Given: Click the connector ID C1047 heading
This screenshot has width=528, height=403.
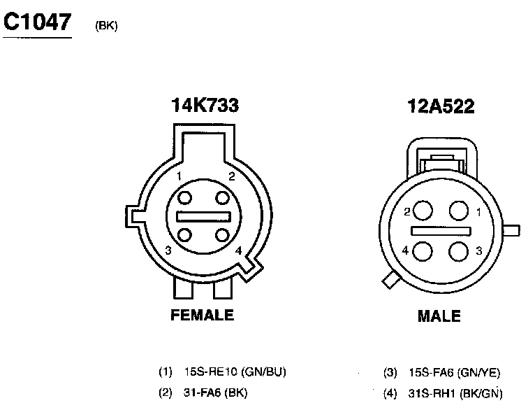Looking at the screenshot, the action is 38,22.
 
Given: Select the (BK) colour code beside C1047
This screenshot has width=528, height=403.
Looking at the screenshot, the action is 106,26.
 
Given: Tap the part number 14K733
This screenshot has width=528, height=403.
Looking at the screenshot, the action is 205,105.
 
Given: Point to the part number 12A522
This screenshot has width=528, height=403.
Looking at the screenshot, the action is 441,106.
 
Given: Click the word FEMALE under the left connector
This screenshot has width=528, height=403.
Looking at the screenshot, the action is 202,315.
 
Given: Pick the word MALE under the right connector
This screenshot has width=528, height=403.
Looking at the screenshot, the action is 439,316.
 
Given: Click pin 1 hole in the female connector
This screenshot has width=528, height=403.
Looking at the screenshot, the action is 184,197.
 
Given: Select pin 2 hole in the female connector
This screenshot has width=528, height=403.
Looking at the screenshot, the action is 222,197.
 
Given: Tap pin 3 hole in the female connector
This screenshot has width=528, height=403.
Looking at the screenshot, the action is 184,234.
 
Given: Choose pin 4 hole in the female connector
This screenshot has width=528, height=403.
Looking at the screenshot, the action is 222,234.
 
